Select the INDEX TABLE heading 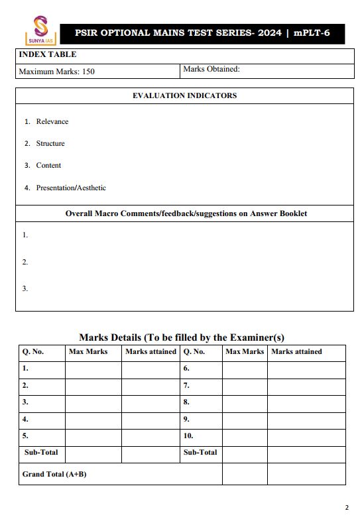point(47,54)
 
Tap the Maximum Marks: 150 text point(56,72)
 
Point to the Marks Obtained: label point(211,69)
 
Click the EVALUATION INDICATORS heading point(184,95)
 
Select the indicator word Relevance point(52,121)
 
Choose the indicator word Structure point(50,143)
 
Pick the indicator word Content point(48,165)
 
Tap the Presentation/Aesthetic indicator point(71,188)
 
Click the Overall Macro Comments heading point(186,213)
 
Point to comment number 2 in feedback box point(25,262)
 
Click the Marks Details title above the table point(182,337)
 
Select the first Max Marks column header point(88,351)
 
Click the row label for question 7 point(186,385)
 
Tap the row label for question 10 point(188,436)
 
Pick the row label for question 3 point(25,402)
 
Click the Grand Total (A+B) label point(54,474)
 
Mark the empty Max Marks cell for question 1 point(93,369)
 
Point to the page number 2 point(346,508)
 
